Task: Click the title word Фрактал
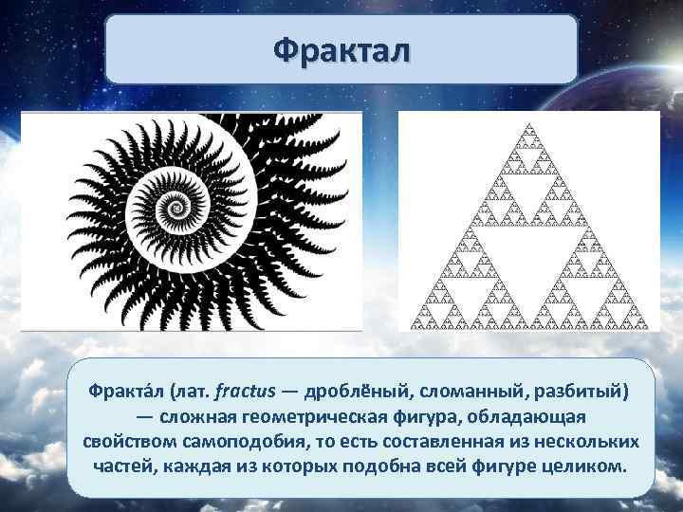click(341, 48)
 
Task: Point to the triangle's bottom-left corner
click(411, 328)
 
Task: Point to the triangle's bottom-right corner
click(649, 328)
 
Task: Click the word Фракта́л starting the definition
click(122, 391)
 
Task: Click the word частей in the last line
click(122, 468)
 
